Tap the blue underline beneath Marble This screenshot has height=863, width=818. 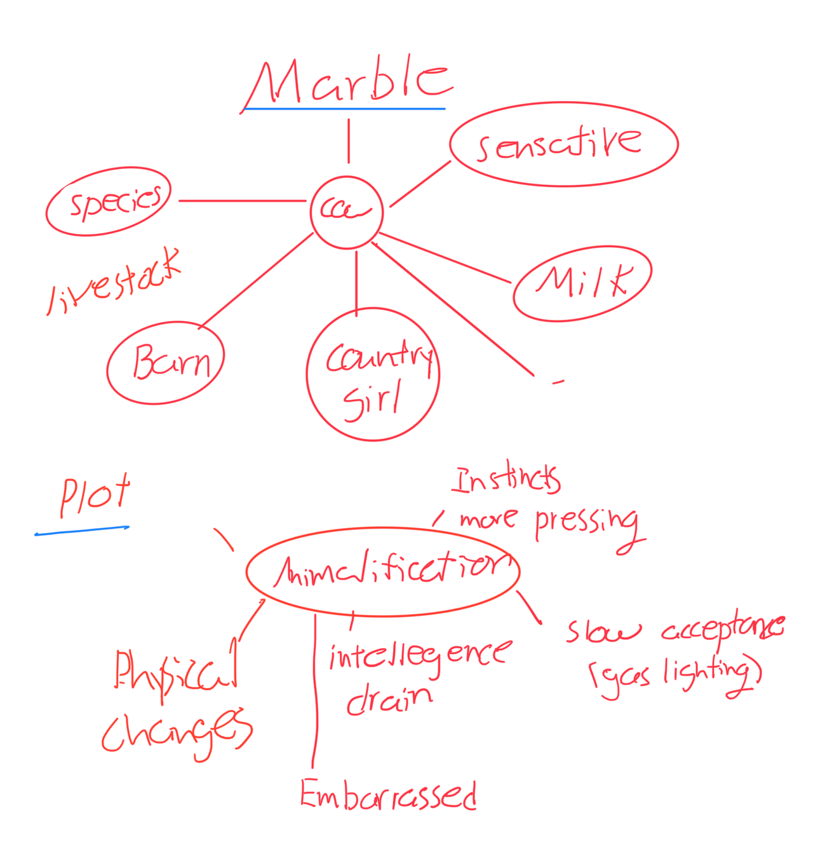[344, 109]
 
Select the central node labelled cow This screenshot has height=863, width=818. [347, 212]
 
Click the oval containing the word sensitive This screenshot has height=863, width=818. [563, 144]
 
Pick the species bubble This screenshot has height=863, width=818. [109, 201]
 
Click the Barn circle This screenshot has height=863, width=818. [166, 363]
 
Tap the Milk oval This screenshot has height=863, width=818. [582, 283]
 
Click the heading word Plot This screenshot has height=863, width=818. [95, 496]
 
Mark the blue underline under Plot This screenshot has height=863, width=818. [82, 530]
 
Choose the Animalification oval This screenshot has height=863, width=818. [383, 571]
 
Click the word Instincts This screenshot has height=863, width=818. [506, 480]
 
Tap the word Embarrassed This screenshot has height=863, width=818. [389, 794]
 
